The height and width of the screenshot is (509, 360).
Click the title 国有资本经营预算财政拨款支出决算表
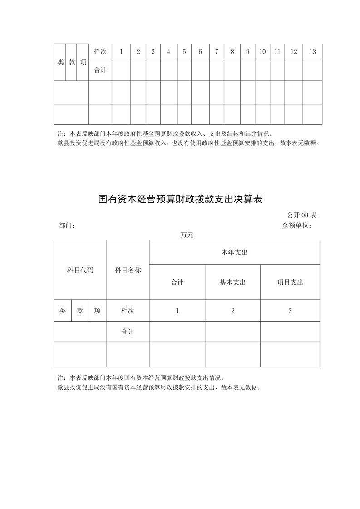[x=181, y=199]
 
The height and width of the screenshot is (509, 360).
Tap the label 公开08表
[x=301, y=215]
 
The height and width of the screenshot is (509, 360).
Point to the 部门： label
[x=67, y=225]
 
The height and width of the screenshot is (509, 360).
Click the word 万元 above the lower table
[x=187, y=235]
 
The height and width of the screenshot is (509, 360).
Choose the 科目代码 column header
[x=80, y=270]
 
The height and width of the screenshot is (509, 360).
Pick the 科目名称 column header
[x=128, y=270]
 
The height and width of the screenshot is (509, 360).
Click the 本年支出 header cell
[x=234, y=252]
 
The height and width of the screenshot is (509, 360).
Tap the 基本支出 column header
[x=232, y=282]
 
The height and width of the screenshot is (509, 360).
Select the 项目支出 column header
[x=290, y=282]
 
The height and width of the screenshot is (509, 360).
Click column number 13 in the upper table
[x=312, y=52]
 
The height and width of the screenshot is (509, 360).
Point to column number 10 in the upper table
[x=262, y=52]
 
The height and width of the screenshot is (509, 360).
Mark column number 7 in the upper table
[x=217, y=52]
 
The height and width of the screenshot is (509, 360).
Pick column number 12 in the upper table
[x=294, y=52]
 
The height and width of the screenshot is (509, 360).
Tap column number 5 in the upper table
[x=184, y=52]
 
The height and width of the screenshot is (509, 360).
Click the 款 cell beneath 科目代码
[x=80, y=311]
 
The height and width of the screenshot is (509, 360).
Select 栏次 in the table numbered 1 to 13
[x=100, y=52]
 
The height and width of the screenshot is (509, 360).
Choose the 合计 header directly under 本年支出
[x=177, y=282]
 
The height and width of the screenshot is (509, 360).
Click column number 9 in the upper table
[x=247, y=52]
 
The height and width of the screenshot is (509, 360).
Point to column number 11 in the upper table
[x=277, y=52]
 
